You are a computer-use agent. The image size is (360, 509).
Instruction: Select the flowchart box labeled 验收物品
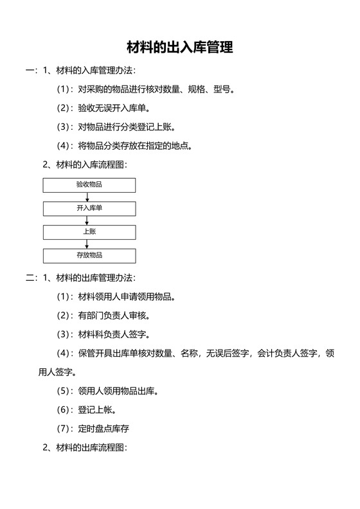pyautogui.click(x=89, y=185)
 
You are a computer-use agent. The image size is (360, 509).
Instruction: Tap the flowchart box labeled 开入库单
pyautogui.click(x=89, y=209)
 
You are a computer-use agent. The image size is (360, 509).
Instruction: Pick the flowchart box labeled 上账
pyautogui.click(x=89, y=232)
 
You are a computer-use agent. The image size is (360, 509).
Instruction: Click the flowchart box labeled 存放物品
pyautogui.click(x=89, y=256)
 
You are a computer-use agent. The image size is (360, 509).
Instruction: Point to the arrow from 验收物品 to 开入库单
pyautogui.click(x=87, y=197)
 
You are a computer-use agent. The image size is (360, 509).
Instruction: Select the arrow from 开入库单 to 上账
pyautogui.click(x=87, y=220)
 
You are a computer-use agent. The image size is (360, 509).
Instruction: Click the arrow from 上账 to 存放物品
pyautogui.click(x=87, y=244)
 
